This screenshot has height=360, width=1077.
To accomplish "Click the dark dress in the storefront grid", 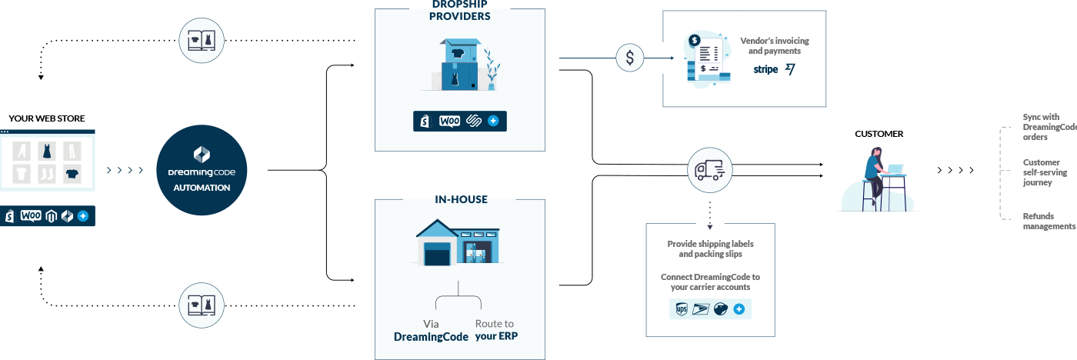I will coord(48,151).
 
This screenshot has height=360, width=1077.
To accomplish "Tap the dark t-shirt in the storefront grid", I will coord(72,173).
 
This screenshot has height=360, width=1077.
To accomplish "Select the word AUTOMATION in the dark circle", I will coord(202,188).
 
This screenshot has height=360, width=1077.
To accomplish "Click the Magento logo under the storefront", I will coord(52,216).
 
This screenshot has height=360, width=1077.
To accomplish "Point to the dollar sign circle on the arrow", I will coord(630,58).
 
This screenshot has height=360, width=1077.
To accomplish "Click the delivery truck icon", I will coord(709,170).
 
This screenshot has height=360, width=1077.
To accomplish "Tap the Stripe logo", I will coord(765,69).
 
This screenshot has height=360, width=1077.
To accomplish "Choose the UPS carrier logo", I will coord(682,309).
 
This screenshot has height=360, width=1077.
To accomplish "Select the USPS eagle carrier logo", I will coord(700,309).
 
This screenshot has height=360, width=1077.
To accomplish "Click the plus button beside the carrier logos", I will coord(739,309).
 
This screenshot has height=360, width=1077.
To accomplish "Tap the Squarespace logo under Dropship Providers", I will coord(474,121).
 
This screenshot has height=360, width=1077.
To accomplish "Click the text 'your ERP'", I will coord(496,337).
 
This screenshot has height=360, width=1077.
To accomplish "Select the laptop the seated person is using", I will coord(895,168).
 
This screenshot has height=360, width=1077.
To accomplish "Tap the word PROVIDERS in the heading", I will coord(459,16).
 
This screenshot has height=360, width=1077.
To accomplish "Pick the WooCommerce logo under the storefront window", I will coord(31,216).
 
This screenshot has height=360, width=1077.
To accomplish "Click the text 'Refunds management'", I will coord(1049,222).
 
